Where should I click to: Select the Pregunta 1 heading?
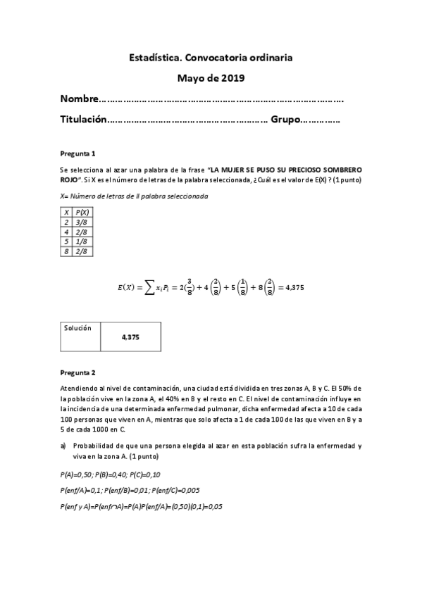coord(77,153)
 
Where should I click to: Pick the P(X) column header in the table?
coord(82,212)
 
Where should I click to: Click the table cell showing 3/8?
coord(82,222)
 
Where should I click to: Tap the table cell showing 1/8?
coord(82,241)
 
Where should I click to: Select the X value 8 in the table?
coord(66,251)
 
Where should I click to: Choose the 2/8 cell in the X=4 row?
coord(82,232)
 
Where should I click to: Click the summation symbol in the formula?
coord(149,287)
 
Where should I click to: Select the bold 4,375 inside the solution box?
coord(130,337)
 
